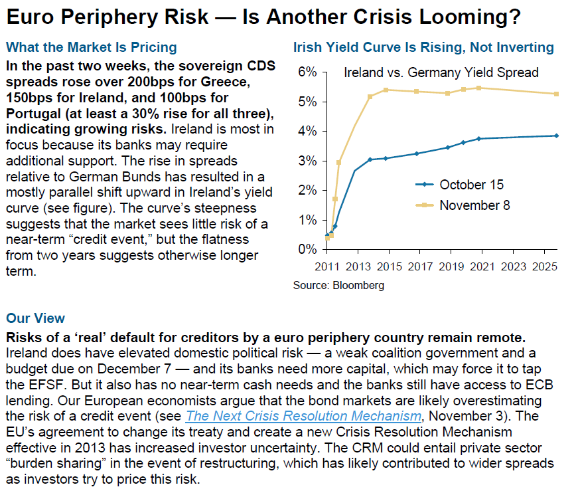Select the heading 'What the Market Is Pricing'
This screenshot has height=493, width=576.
pos(92,48)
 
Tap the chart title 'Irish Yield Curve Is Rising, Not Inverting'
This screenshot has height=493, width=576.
pos(423,48)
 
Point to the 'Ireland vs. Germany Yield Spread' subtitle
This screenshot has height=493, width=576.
pos(441,72)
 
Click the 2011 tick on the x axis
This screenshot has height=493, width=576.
pos(326,266)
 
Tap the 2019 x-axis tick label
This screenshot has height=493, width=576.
pos(451,266)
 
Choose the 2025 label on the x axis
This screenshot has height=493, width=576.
pos(543,266)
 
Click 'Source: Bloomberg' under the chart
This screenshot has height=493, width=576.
pos(338,286)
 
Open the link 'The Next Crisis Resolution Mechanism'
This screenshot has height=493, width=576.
pos(304,417)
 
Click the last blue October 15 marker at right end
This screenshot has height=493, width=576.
pos(556,136)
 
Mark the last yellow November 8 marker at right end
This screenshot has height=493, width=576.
pos(556,94)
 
